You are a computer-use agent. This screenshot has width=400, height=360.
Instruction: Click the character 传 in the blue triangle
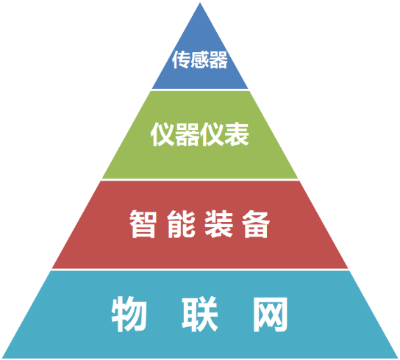[x=181, y=60]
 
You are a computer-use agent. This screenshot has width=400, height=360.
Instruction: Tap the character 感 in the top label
[x=199, y=60]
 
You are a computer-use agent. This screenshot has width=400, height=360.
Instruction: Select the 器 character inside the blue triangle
[x=218, y=60]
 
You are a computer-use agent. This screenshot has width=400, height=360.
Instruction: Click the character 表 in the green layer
[x=237, y=134]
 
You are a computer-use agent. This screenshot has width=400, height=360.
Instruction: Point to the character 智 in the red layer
[x=143, y=224]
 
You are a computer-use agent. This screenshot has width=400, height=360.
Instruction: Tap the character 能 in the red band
[x=181, y=224]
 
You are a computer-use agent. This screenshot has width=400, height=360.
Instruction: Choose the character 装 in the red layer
[x=218, y=224]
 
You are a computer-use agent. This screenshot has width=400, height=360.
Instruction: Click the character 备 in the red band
[x=256, y=224]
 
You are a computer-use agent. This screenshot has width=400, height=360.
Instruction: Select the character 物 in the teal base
[x=129, y=314]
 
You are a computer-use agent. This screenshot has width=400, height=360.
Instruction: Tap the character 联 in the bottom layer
[x=200, y=314]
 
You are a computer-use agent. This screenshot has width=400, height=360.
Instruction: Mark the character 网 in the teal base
[x=271, y=314]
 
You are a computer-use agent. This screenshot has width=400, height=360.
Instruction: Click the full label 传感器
[x=200, y=60]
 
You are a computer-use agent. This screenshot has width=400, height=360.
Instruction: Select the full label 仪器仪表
[x=200, y=134]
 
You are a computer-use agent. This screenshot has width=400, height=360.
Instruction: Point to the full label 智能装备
[x=200, y=224]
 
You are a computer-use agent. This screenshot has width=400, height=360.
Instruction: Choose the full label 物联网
[x=199, y=314]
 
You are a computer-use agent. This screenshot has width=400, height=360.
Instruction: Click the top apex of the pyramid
[x=200, y=3]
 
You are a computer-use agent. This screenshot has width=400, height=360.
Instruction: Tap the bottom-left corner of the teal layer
[x=2, y=358]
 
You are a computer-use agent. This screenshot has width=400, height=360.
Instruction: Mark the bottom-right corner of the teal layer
[x=398, y=358]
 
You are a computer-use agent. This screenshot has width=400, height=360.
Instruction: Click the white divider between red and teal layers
[x=200, y=270]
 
